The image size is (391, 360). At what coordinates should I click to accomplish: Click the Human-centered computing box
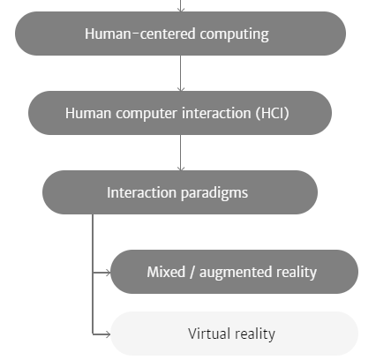[180, 34]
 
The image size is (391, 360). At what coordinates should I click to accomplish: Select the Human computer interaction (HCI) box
[180, 113]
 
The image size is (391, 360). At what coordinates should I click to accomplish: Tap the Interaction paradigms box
[180, 192]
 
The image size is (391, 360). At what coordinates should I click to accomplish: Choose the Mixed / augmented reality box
[234, 272]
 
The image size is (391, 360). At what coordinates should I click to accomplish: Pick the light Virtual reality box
[234, 334]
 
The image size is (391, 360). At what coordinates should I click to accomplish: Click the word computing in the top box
[234, 34]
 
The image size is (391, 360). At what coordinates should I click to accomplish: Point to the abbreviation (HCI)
[273, 113]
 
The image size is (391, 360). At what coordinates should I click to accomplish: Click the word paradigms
[214, 193]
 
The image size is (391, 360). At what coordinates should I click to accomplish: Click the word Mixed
[166, 272]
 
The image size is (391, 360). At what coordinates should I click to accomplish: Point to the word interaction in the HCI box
[216, 113]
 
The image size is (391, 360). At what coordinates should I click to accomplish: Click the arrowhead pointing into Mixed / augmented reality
[108, 273]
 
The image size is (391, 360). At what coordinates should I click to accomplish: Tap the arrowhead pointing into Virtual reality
[108, 334]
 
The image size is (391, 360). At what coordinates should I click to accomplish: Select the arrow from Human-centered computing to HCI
[181, 73]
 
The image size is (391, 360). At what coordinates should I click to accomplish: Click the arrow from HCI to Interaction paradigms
[181, 153]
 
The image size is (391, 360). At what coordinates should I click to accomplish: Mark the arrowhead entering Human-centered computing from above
[181, 10]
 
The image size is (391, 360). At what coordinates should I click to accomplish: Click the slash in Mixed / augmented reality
[192, 272]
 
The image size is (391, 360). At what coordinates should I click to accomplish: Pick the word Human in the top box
[108, 34]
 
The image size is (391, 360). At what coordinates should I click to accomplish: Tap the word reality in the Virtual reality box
[255, 334]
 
